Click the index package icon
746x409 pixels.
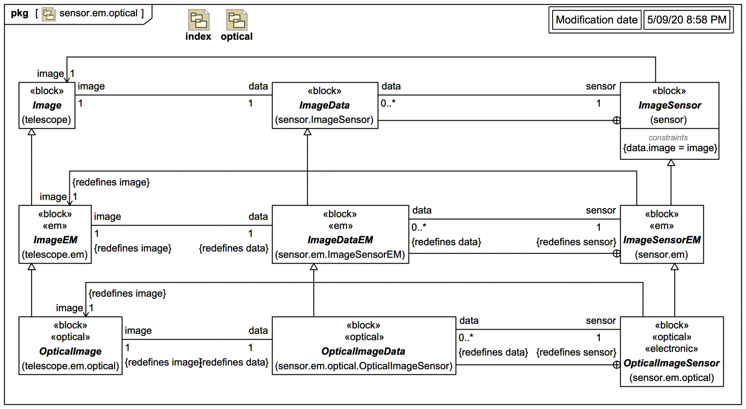199,20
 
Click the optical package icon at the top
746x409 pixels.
236,20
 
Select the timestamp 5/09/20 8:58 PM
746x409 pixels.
687,20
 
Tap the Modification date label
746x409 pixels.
596,20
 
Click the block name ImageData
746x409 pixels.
324,105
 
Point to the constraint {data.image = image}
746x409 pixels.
670,148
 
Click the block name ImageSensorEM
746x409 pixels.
662,240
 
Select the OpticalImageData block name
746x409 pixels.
363,351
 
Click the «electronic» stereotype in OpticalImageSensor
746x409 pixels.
671,349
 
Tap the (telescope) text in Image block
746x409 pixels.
47,120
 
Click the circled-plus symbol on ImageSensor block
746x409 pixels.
616,121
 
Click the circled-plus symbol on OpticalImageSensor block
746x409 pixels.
616,365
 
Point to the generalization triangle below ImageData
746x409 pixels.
307,132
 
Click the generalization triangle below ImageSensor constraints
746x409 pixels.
671,163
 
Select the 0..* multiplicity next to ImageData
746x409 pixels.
388,103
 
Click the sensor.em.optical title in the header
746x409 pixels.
98,13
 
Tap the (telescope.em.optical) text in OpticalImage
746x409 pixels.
70,366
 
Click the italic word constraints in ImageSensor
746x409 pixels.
668,138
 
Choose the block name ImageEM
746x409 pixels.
55,240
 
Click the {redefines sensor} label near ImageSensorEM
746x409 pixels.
576,242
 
